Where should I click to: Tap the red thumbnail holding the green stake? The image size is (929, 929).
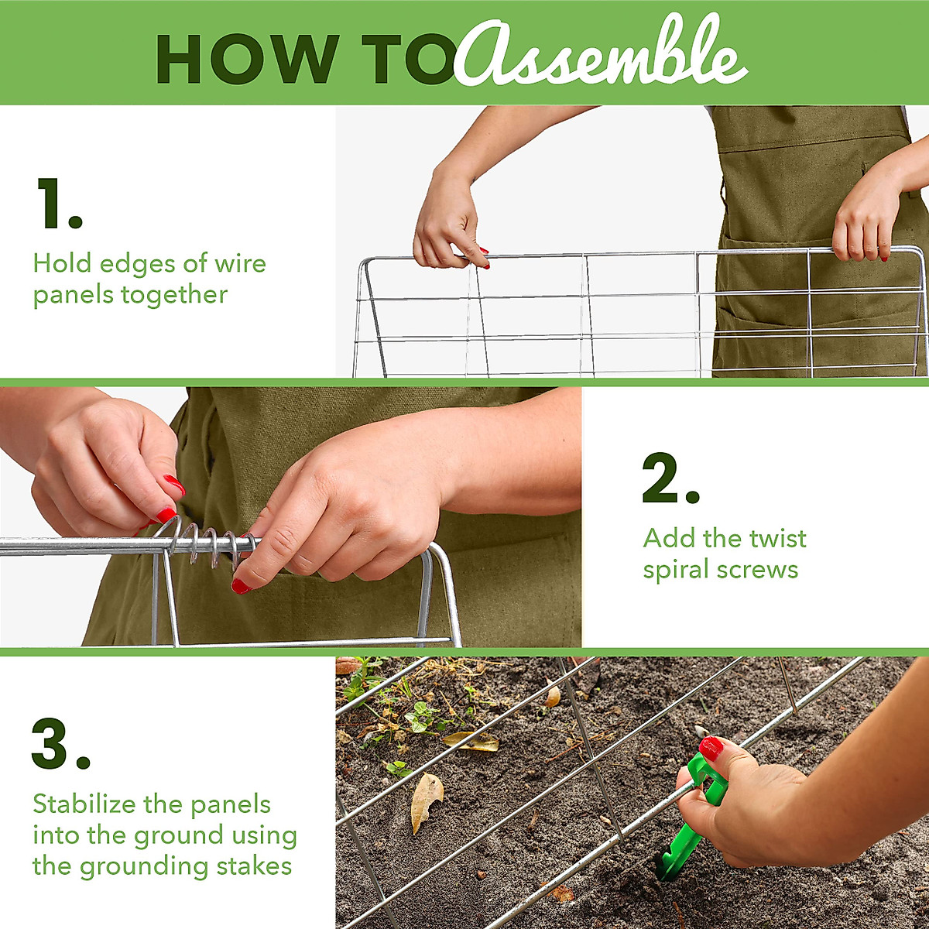pos(711,748)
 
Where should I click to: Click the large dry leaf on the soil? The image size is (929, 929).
pos(426,797)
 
